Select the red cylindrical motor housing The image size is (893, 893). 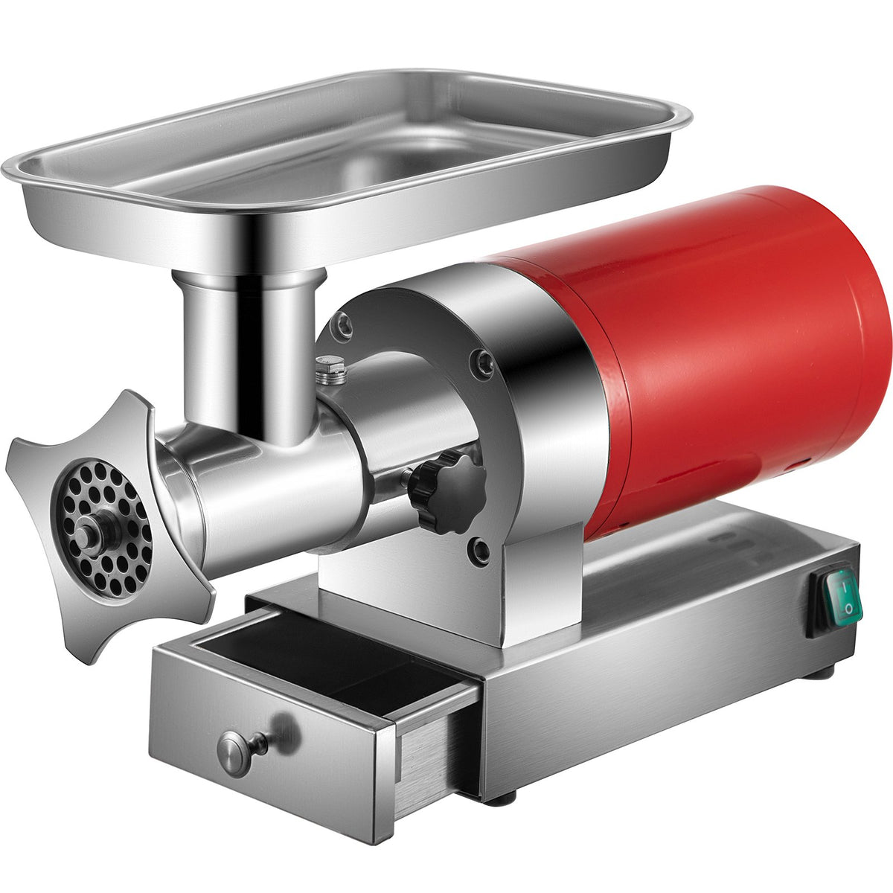(714, 350)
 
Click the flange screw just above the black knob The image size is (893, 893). (484, 362)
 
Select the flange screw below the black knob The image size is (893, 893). (481, 551)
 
